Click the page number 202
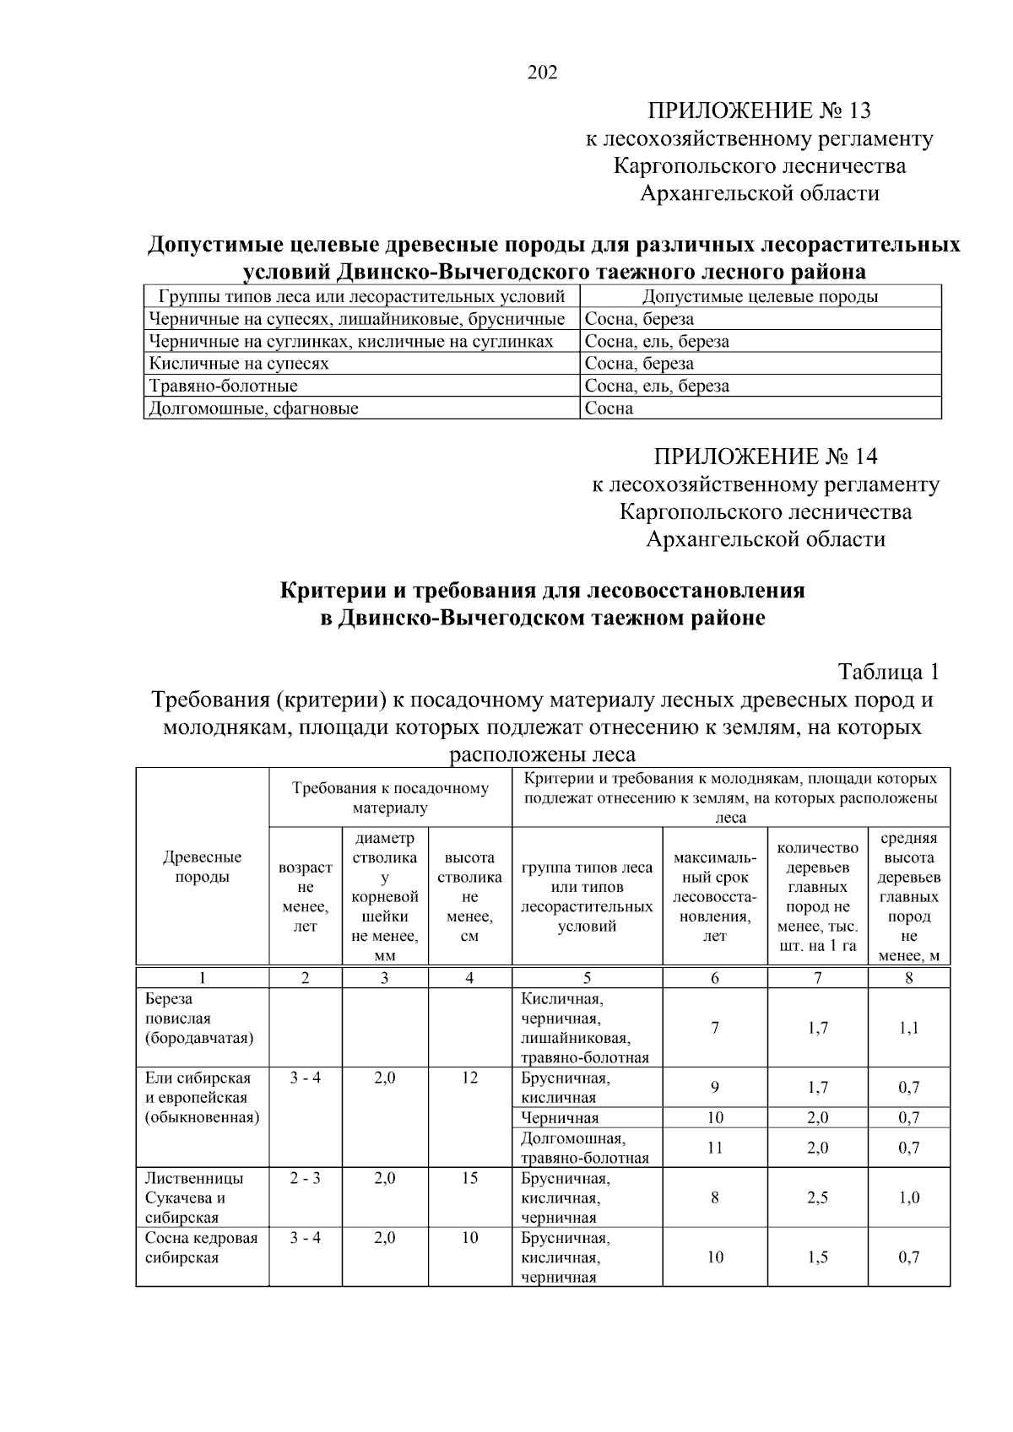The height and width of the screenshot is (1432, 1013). tap(542, 73)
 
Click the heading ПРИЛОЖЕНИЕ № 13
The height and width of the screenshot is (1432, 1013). tap(758, 111)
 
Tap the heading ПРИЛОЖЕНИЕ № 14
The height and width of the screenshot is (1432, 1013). tap(765, 457)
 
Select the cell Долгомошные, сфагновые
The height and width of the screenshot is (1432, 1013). tap(253, 408)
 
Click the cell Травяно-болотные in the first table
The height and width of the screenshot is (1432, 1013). tap(223, 386)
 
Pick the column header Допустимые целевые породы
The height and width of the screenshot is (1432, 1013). tap(760, 296)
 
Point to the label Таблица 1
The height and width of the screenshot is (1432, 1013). tap(888, 672)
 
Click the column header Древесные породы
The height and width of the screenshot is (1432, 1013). tap(202, 867)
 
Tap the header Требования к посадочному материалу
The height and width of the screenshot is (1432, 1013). tap(390, 797)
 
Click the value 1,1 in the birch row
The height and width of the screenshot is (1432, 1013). tap(908, 1028)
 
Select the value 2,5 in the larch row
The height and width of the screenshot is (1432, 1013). tap(817, 1197)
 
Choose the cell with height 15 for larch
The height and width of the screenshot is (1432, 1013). tap(469, 1178)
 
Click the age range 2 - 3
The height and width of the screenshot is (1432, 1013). tap(305, 1178)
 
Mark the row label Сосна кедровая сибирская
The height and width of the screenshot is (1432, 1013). tap(201, 1248)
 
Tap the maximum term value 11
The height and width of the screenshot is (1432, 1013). tap(714, 1148)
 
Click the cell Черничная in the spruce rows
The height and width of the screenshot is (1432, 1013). tap(560, 1118)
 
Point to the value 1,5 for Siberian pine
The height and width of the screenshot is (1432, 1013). tap(817, 1257)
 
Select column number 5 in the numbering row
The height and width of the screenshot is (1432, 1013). tap(587, 977)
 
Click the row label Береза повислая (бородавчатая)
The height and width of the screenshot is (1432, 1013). tap(199, 1019)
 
